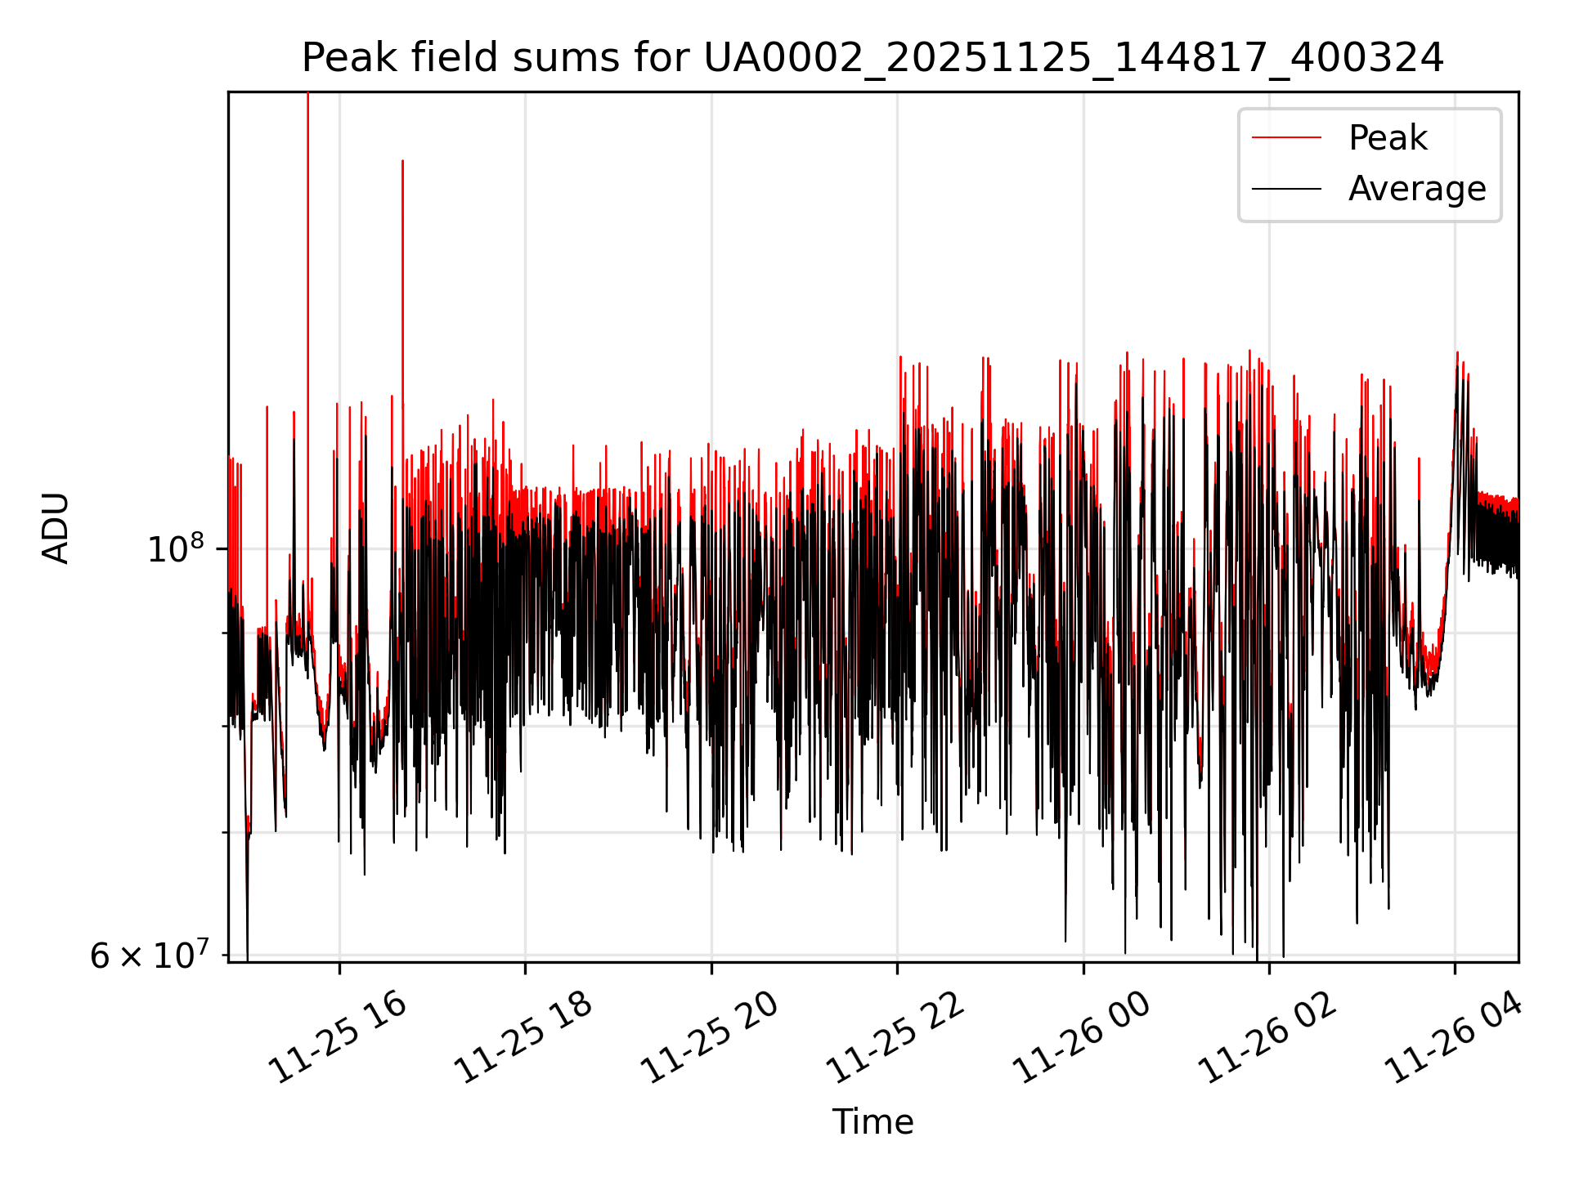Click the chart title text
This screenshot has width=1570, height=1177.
(872, 59)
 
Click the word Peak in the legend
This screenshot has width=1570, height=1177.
(1388, 138)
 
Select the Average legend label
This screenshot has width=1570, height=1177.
(1417, 189)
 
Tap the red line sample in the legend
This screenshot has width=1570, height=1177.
(1286, 138)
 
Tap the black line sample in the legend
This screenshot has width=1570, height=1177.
(1286, 189)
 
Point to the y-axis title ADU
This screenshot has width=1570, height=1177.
(56, 527)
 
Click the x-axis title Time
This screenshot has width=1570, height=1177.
(872, 1122)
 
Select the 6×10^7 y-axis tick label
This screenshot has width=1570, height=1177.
(148, 955)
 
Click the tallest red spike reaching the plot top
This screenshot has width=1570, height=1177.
(307, 327)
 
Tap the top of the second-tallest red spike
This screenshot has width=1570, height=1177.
(402, 161)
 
